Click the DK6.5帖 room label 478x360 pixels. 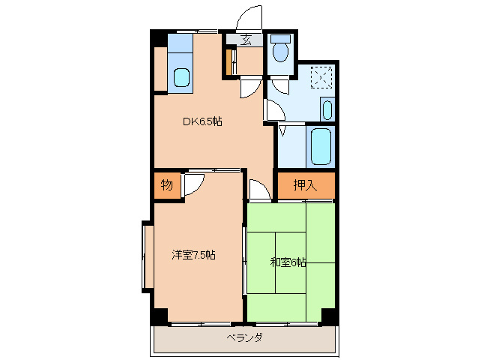pyautogui.click(x=202, y=121)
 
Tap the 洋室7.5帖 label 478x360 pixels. pyautogui.click(x=194, y=255)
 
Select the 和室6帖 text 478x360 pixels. pyautogui.click(x=288, y=262)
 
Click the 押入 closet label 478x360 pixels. pyautogui.click(x=304, y=185)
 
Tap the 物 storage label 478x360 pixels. pyautogui.click(x=166, y=185)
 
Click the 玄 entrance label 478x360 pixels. pyautogui.click(x=246, y=40)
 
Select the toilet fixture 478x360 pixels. pyautogui.click(x=282, y=49)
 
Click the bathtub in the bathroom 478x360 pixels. pyautogui.click(x=321, y=146)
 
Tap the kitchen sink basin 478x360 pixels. pyautogui.click(x=181, y=76)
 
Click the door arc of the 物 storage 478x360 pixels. pyautogui.click(x=193, y=184)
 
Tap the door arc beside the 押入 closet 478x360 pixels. pyautogui.click(x=259, y=190)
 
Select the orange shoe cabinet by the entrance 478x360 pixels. pyautogui.click(x=230, y=61)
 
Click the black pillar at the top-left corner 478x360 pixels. pyautogui.click(x=157, y=38)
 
